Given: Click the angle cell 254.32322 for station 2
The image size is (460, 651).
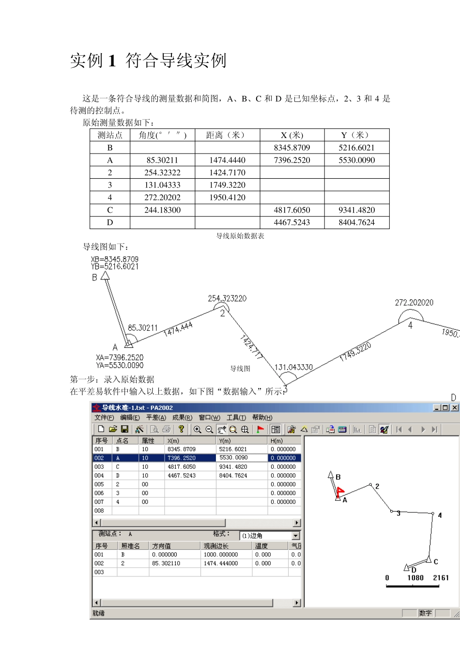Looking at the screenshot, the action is pos(162,172).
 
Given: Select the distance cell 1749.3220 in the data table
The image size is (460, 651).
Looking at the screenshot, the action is pos(227,185).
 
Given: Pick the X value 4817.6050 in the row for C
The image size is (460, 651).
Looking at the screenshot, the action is pos(292,210).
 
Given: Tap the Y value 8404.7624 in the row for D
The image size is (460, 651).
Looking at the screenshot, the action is pos(356,223).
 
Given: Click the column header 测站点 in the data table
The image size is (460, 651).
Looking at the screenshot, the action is pos(110,135).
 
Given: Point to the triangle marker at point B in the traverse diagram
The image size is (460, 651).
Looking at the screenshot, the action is pos(105,276).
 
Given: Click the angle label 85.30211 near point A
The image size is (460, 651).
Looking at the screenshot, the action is pos(143,328).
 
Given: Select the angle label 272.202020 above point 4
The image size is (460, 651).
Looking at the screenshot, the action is pos(414,303).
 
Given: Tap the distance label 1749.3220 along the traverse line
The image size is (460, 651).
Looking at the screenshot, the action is pos(355,352).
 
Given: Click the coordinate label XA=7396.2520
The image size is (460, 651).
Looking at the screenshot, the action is pos(120,357).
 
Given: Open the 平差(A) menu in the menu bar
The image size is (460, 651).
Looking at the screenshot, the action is pos(156,418).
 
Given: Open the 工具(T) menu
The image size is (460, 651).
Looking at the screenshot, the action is pos(236,418).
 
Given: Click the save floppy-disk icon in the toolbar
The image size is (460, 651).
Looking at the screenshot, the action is pos(124,429).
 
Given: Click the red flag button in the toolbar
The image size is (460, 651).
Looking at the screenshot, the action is pos(261,429).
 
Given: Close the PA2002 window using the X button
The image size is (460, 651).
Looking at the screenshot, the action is pos(455,408).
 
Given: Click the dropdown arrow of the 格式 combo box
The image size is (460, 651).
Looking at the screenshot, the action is pos(295,535).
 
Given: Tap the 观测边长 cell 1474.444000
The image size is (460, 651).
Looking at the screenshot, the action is pos(221,563).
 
